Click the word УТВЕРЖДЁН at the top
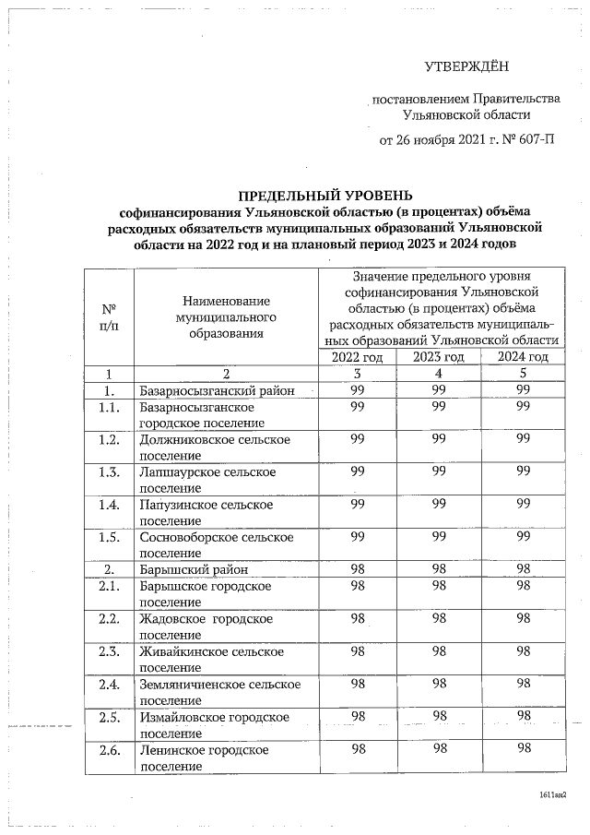click(x=466, y=66)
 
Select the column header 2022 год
click(x=357, y=357)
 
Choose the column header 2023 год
click(x=439, y=357)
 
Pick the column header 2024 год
click(x=523, y=357)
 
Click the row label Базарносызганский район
click(x=217, y=391)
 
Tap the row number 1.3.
click(x=109, y=472)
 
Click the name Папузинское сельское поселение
click(x=207, y=512)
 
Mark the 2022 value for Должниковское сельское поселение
click(x=357, y=440)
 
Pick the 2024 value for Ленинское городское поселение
click(x=524, y=750)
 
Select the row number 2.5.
click(x=109, y=717)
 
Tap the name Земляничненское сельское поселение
click(x=220, y=692)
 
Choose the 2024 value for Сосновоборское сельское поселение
click(x=524, y=536)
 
